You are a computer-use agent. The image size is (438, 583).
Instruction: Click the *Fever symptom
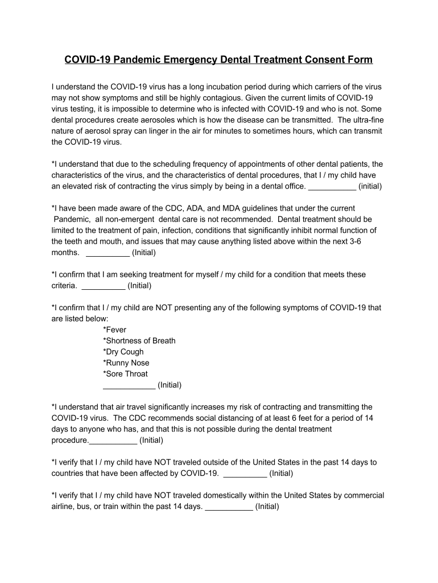coord(115,330)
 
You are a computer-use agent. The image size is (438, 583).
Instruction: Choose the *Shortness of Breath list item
coord(139,340)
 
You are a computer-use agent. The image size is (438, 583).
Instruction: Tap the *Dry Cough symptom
coord(123,351)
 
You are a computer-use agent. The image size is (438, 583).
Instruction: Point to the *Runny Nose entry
coord(126,363)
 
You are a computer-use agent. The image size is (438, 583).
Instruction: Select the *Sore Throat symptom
coord(125,373)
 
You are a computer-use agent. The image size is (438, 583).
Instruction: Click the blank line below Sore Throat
coord(129,385)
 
